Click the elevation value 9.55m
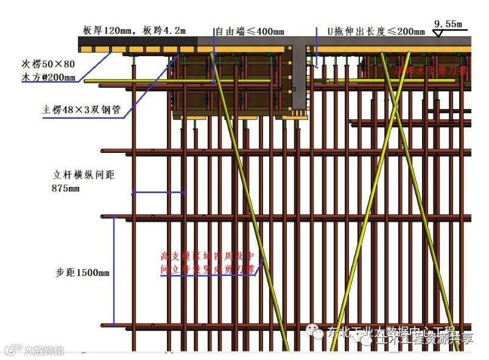pos(448,24)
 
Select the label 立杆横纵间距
pos(83,175)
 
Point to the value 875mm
pos(66,188)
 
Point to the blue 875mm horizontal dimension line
pos(159,193)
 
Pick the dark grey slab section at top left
pos(140,44)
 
